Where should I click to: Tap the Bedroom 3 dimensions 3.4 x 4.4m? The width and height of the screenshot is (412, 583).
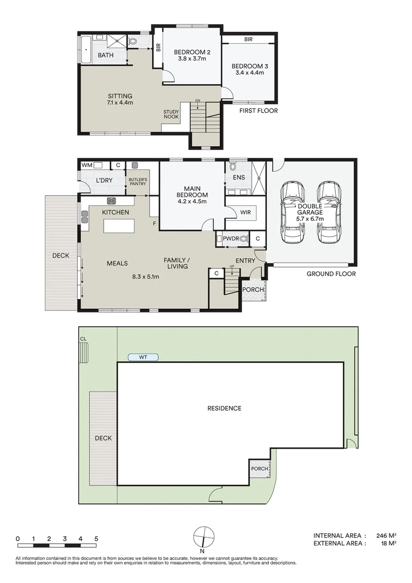[x=248, y=73]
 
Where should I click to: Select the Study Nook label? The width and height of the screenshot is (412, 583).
[x=171, y=114]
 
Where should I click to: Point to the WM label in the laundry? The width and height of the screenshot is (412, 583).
[x=86, y=165]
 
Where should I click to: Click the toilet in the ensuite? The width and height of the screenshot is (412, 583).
[x=233, y=167]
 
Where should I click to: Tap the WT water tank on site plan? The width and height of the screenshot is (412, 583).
[x=143, y=357]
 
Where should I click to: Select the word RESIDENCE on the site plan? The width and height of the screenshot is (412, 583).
[x=225, y=408]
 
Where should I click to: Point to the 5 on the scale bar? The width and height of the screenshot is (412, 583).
[x=96, y=539]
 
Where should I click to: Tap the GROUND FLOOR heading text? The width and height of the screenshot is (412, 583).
[x=331, y=274]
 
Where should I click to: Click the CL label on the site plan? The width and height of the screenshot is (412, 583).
[x=83, y=338]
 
